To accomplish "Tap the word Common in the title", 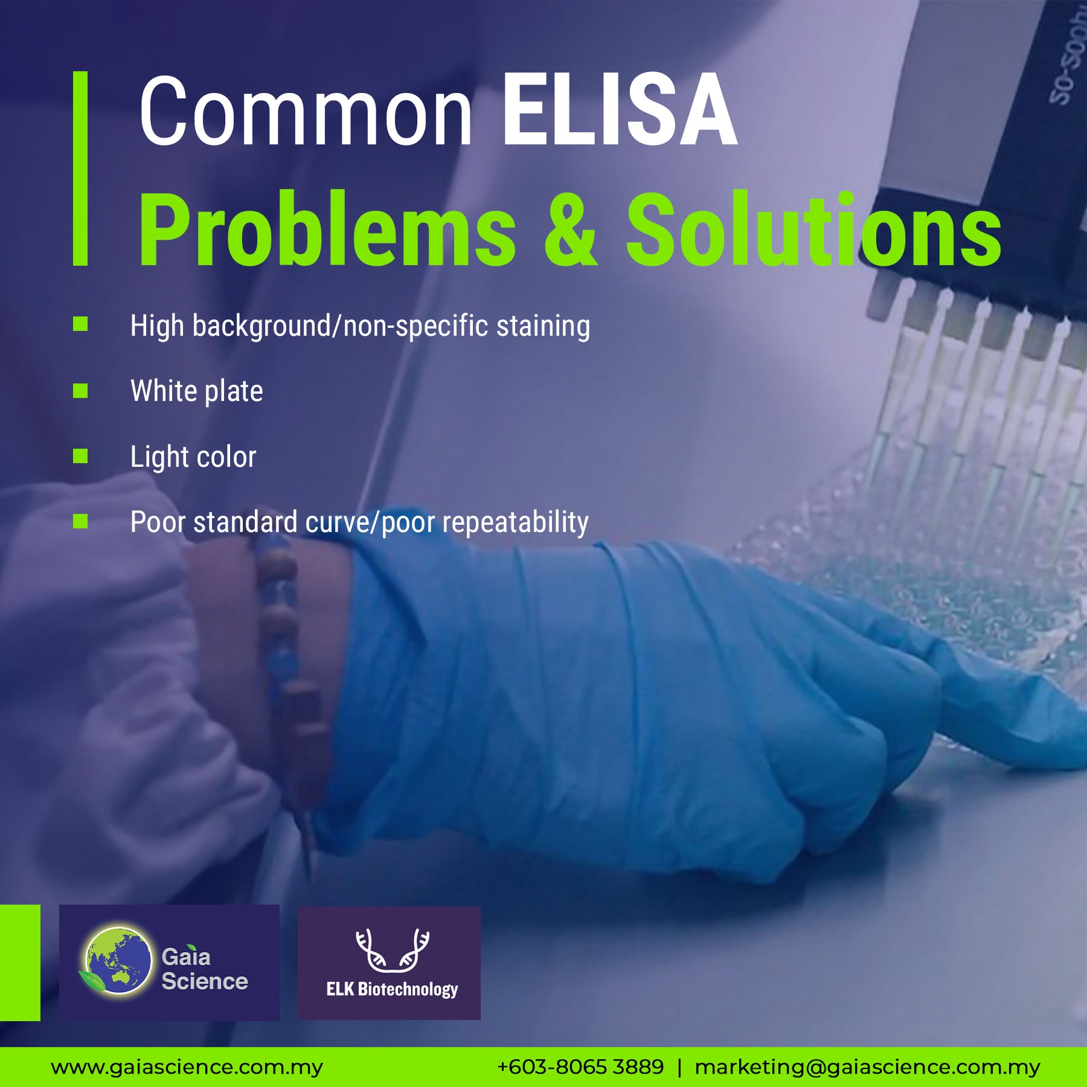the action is [x=306, y=111].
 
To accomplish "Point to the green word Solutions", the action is [x=814, y=228].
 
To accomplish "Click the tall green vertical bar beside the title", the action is [x=80, y=168].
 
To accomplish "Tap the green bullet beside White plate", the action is [x=80, y=391].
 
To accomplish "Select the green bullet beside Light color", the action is [x=80, y=456].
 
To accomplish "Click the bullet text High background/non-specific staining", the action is [x=360, y=327].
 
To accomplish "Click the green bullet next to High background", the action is [x=80, y=324].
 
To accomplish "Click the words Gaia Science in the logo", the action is [x=205, y=969].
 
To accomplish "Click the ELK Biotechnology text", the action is [x=392, y=989].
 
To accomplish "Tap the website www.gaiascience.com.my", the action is [x=187, y=1068].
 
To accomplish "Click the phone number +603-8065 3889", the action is [x=580, y=1067].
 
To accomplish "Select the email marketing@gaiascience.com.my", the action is [x=868, y=1068].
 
